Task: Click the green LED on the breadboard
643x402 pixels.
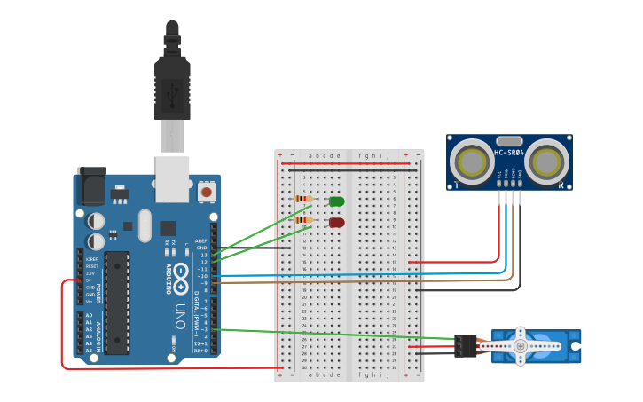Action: pos(337,201)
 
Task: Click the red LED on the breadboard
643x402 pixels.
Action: pos(337,223)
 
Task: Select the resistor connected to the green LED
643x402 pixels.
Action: pos(303,199)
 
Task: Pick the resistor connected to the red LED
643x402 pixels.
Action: pos(303,220)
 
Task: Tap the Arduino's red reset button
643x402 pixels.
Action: pos(207,191)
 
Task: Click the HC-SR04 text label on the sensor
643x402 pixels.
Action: pos(509,153)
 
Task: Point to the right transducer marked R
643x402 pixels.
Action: pos(550,162)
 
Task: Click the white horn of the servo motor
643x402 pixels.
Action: pos(521,345)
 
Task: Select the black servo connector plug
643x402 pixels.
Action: pos(465,345)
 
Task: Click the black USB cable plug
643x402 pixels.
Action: pos(172,84)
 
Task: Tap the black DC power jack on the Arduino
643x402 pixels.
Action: pos(90,187)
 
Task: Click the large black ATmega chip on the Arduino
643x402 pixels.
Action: pos(117,302)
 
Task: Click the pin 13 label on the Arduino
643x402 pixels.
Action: pos(203,255)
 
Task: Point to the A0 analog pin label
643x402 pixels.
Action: pos(88,316)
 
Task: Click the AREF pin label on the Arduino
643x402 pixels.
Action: pos(201,240)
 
